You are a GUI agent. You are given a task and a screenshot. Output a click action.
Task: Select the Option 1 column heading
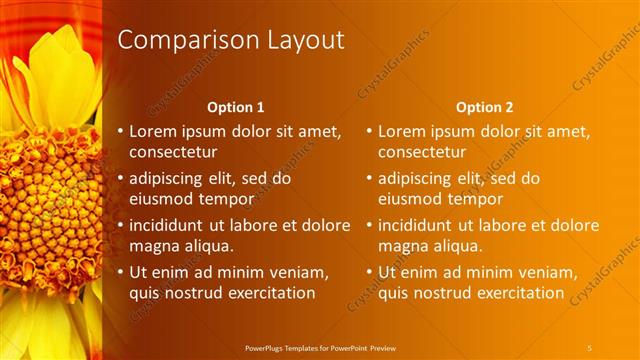click(x=235, y=107)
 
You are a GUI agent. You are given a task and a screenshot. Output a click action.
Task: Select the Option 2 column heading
click(x=485, y=107)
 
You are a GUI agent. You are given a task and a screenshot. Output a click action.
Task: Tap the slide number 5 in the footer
click(x=589, y=347)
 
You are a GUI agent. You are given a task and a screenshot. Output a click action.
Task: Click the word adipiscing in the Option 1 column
click(x=172, y=179)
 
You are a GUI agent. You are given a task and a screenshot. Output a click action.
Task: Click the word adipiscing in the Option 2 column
click(x=421, y=179)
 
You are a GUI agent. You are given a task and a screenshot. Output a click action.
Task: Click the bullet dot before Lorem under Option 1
click(x=120, y=131)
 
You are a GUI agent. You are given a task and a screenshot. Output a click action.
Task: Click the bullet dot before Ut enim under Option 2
click(x=369, y=271)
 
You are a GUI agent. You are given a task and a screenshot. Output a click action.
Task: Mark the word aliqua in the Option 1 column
click(x=208, y=246)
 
